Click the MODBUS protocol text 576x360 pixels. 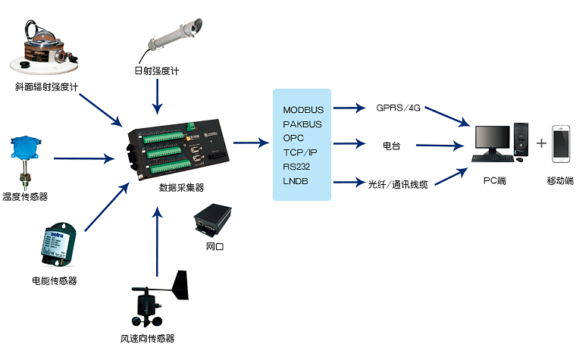tap(302, 111)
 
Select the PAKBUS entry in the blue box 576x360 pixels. tap(302, 124)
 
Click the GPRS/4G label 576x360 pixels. tap(398, 108)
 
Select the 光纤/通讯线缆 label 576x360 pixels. tap(398, 183)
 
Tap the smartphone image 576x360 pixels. tap(562, 144)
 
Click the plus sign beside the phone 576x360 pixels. tap(541, 143)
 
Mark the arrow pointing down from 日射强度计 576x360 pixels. tap(157, 95)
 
